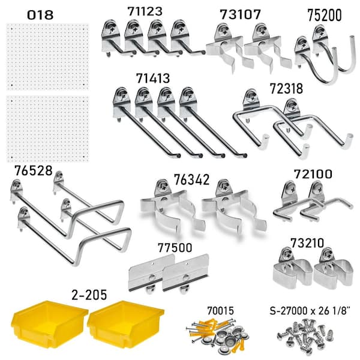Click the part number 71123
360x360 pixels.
pos(145,11)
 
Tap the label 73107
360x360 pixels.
pos(241,14)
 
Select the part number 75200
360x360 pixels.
pos(325,16)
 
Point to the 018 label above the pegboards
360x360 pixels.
pos(40,15)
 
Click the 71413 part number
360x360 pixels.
pos(153,78)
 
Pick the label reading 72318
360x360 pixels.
pos(286,89)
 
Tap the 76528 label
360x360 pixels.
pos(34,170)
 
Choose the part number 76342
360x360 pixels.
pos(192,179)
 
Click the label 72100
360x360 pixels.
pos(313,174)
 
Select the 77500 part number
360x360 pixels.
pos(175,248)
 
